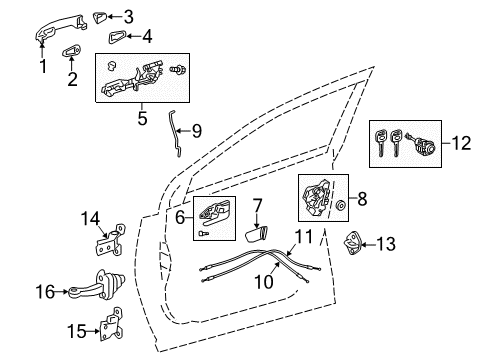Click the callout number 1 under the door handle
tap(42, 68)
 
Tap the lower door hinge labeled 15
tap(115, 328)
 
